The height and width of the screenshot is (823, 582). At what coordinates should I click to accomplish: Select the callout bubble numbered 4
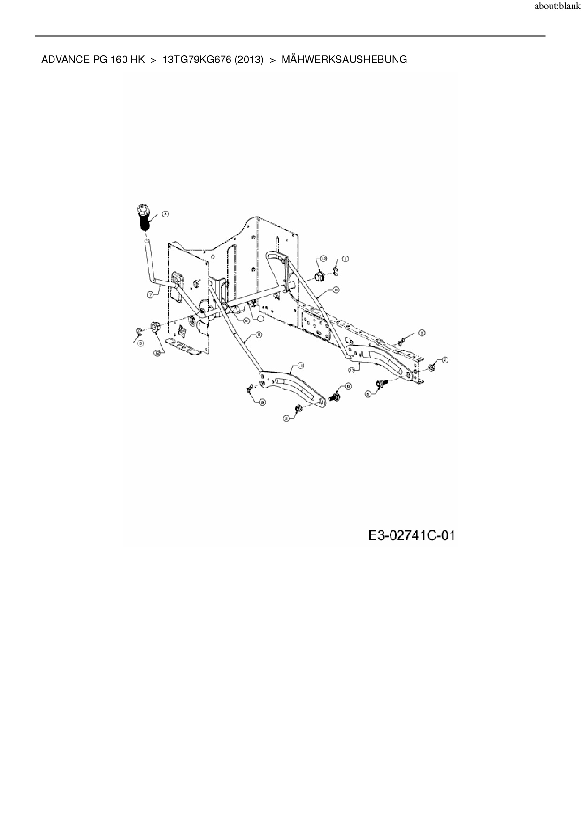click(x=165, y=214)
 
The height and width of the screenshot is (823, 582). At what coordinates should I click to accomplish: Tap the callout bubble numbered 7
click(x=150, y=295)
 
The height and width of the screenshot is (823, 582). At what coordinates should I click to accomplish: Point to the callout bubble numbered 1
click(x=260, y=318)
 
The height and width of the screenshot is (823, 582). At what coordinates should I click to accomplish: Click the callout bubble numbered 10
click(x=352, y=370)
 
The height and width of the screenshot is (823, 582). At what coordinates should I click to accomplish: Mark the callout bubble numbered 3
click(x=345, y=259)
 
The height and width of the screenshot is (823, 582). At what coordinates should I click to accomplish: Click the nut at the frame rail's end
click(x=431, y=367)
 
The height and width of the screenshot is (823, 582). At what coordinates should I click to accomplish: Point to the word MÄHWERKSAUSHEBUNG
click(x=344, y=60)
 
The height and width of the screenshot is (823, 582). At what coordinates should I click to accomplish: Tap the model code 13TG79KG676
click(x=197, y=60)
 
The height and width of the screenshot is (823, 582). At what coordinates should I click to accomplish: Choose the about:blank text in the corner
click(x=557, y=7)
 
